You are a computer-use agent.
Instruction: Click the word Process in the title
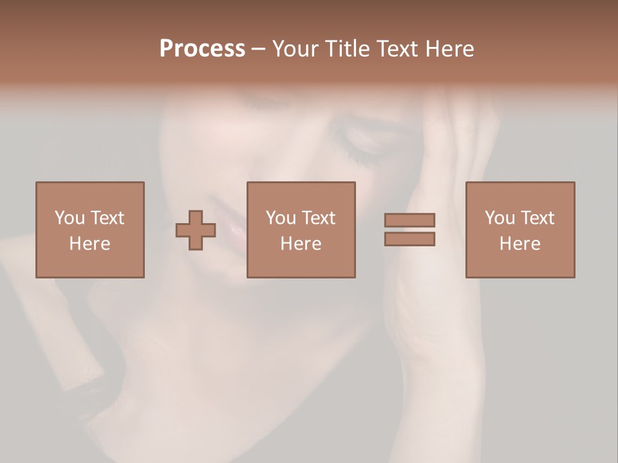202,49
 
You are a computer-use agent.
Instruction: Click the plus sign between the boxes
196,230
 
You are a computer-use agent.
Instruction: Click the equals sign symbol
409,230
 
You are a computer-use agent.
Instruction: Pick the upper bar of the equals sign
409,220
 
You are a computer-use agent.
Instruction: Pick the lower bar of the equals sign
409,239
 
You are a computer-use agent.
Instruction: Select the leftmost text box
89,230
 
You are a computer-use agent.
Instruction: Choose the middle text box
301,230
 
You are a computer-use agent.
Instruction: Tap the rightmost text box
520,230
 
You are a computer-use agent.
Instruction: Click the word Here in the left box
89,244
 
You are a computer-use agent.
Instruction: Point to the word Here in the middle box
301,244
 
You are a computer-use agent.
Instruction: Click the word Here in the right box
520,244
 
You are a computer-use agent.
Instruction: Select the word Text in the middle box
318,218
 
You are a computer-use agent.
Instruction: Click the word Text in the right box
537,218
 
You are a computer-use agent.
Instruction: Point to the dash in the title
258,50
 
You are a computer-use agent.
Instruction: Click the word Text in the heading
395,49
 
